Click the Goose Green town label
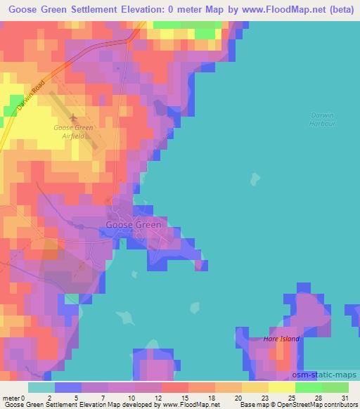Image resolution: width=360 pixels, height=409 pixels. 134,225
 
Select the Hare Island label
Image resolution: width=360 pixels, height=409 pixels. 281,339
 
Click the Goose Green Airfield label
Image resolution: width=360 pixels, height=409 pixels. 74,132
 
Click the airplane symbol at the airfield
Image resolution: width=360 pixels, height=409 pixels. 73,118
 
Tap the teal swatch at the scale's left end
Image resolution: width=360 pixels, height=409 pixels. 41,387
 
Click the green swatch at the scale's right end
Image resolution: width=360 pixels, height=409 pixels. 335,387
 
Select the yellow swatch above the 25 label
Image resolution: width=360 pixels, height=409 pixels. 282,387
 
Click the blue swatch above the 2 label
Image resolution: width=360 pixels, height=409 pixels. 68,387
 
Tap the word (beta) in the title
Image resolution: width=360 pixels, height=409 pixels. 337,8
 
